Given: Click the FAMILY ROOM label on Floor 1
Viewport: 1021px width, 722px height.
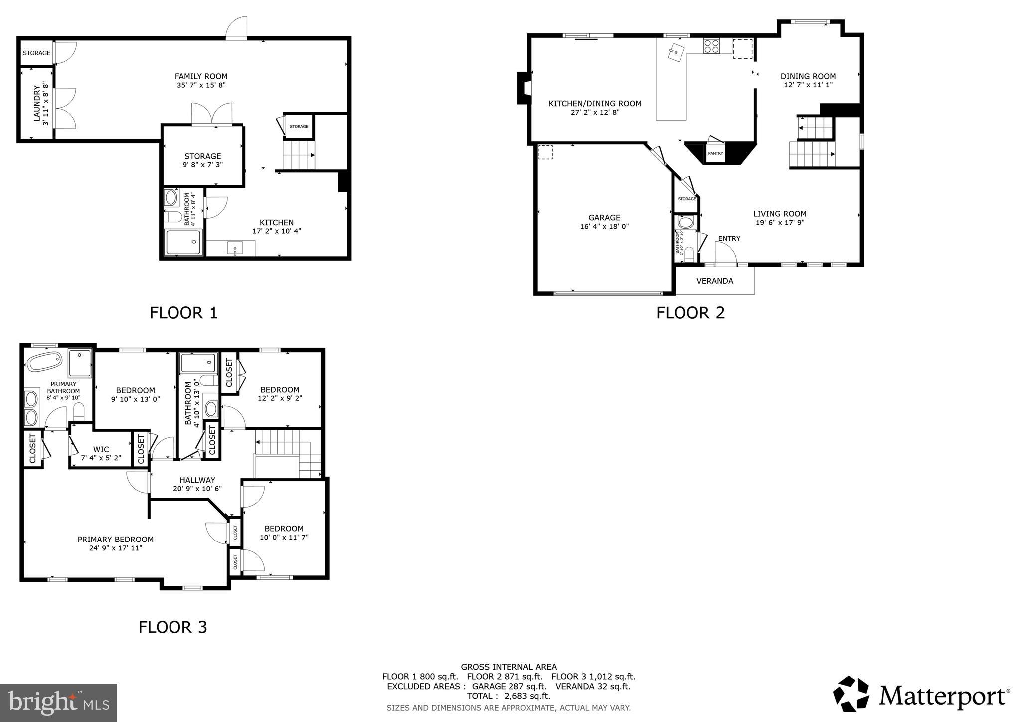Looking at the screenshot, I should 201,76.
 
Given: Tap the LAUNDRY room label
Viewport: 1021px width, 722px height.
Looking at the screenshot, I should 37,104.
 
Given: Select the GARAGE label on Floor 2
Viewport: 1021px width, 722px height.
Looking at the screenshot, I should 604,217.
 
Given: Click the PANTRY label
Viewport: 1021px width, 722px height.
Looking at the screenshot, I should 715,153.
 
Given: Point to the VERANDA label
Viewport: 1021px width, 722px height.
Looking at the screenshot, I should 714,281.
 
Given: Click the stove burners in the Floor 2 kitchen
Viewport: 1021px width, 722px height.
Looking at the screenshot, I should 711,46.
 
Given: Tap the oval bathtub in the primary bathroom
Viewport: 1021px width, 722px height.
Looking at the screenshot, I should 45,361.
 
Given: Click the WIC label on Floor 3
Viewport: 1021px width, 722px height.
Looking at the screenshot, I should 101,449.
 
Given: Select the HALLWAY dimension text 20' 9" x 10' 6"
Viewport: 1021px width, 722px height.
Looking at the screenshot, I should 197,489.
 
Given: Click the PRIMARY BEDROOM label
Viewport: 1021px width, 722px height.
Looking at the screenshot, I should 115,539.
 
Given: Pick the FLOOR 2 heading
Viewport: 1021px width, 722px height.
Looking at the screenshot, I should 690,313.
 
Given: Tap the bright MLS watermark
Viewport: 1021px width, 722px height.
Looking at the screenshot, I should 58,703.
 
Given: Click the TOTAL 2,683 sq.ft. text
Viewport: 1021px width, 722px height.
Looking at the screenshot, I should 509,696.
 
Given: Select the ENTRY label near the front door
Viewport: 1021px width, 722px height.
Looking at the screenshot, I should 729,238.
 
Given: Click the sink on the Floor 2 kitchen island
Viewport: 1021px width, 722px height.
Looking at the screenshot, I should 677,52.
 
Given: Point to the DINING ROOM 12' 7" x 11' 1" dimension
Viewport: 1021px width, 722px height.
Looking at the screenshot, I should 808,85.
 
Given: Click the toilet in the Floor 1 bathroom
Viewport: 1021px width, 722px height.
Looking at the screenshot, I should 173,216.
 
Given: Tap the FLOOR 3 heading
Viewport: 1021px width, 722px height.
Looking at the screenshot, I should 172,627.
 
